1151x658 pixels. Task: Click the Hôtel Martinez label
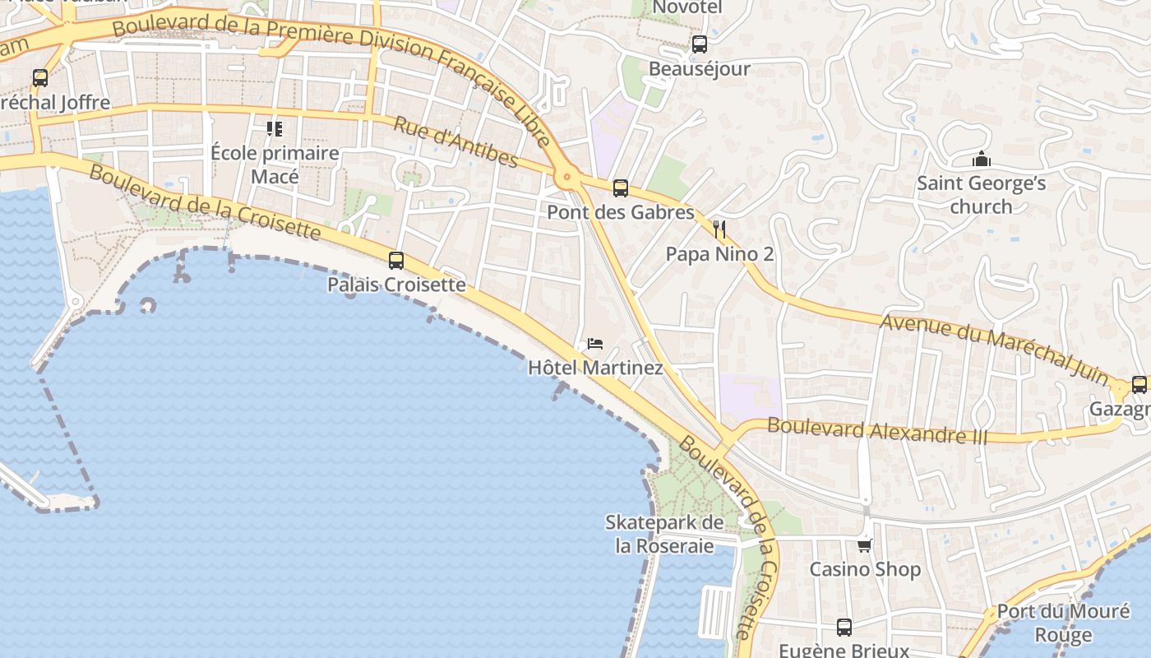tap(595, 368)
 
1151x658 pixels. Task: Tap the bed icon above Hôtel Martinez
tap(595, 344)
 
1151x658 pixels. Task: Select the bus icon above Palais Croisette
tap(396, 261)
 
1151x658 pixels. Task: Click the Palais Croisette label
tap(396, 285)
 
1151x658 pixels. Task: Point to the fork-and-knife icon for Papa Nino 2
tap(720, 229)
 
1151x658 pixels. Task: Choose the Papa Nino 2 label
tap(719, 254)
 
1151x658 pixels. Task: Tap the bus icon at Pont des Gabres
tap(621, 188)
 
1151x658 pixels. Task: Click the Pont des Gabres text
tap(621, 212)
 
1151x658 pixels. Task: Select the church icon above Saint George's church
tap(981, 159)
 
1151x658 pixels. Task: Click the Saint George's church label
tap(981, 194)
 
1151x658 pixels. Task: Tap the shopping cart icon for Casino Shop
tap(864, 545)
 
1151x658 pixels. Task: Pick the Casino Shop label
tap(865, 569)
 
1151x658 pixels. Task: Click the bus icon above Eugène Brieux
tap(844, 628)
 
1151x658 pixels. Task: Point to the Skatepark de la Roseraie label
tap(665, 534)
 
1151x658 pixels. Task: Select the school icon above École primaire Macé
tap(274, 129)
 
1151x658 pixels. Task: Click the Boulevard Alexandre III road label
tap(877, 430)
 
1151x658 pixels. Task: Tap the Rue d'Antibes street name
tap(455, 142)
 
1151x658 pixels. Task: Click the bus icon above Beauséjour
tap(699, 44)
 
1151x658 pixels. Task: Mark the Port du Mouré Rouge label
tap(1063, 623)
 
